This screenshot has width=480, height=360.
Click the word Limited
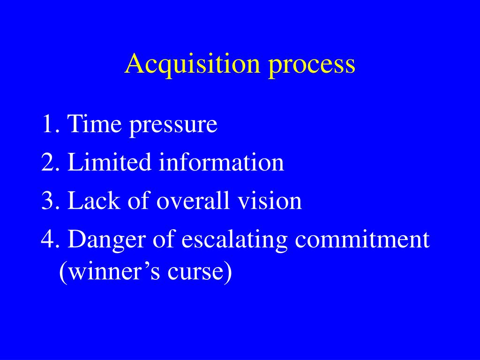pos(110,163)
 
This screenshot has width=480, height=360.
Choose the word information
pos(221,163)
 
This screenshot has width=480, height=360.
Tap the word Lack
pos(90,201)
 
